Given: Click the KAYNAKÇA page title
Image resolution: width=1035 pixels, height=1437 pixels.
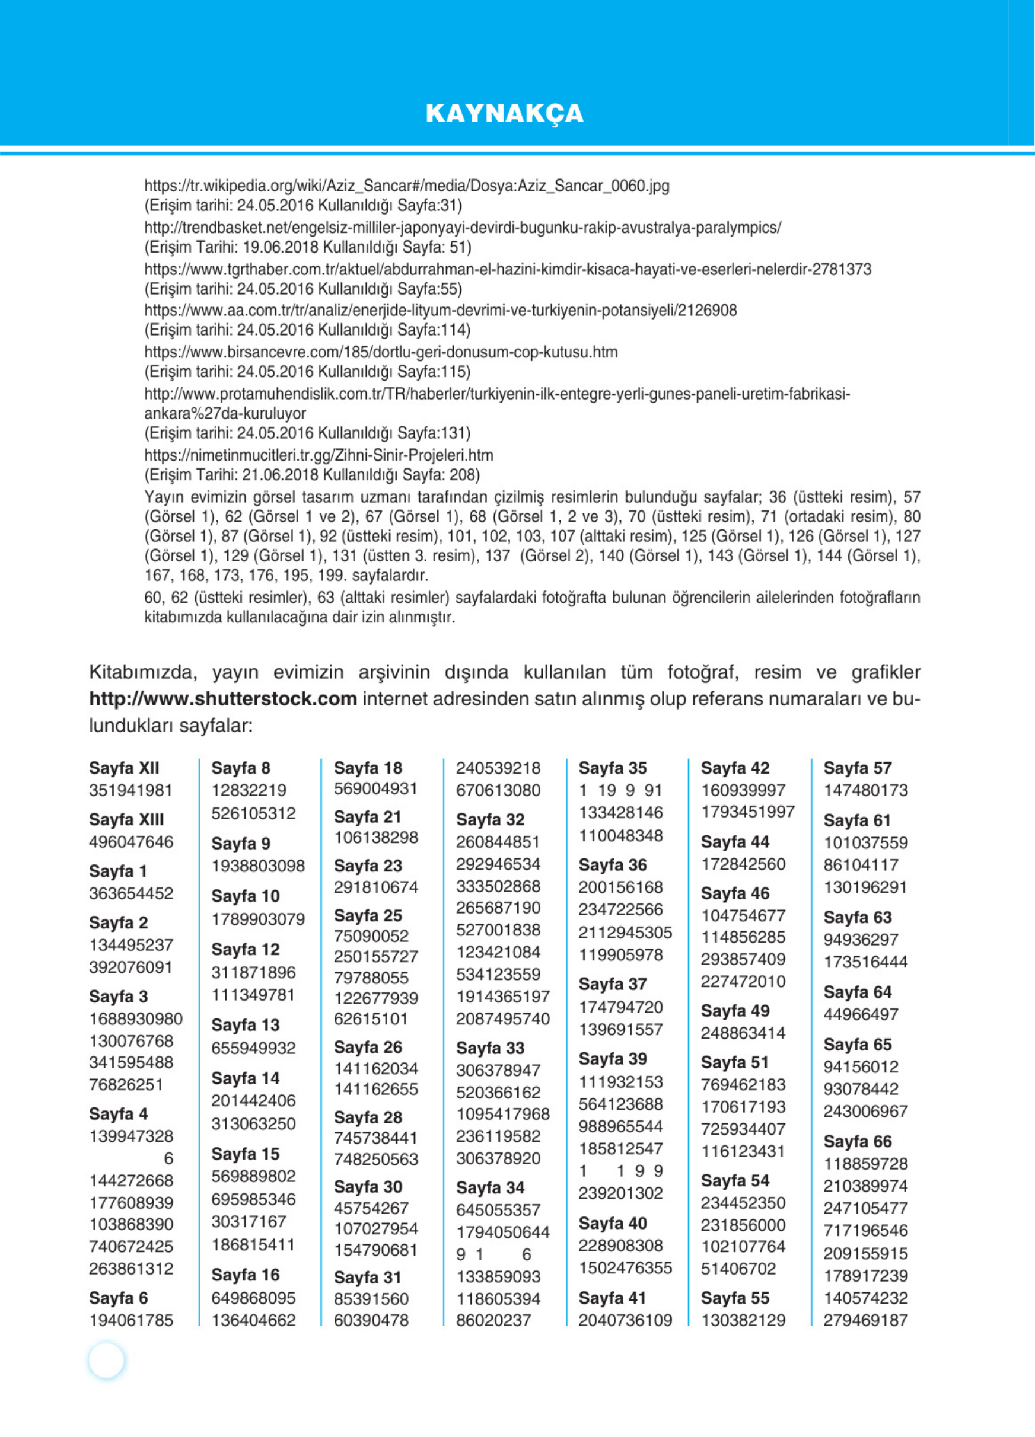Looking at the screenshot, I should click(504, 113).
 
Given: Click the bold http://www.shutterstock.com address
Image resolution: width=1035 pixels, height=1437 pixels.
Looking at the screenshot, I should click(222, 699).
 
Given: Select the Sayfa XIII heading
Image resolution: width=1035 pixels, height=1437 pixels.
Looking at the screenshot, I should click(126, 819).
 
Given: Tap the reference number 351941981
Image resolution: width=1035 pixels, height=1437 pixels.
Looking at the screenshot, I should click(130, 790).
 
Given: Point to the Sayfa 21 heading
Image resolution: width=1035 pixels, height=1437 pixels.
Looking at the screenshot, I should click(368, 817).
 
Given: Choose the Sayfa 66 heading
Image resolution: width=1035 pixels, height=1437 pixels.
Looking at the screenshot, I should click(857, 1141).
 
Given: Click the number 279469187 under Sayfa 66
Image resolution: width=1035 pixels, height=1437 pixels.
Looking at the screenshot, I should click(865, 1320).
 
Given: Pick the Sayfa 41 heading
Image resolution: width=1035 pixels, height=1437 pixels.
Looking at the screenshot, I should click(612, 1298).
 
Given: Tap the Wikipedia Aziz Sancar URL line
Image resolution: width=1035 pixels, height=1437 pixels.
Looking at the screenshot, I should click(406, 186).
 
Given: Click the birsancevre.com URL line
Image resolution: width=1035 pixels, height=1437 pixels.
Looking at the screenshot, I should click(380, 352).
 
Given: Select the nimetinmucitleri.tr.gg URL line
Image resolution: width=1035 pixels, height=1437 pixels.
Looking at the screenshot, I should click(318, 455).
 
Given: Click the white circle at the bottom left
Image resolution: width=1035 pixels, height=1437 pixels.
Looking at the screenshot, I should click(107, 1360).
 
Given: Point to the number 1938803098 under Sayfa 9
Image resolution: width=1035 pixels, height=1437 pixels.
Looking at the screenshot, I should click(258, 866).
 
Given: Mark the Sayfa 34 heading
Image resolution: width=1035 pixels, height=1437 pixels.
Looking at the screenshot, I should click(490, 1187).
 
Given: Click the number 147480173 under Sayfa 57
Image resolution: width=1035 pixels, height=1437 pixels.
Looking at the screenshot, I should click(865, 790).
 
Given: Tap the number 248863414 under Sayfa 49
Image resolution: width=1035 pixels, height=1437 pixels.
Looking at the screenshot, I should click(743, 1033).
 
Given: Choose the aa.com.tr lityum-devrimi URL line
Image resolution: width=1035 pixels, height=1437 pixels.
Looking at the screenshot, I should click(440, 310).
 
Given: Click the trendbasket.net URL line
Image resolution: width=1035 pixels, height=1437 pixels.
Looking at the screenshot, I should click(462, 228).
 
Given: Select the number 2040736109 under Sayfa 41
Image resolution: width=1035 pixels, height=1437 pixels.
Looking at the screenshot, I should click(625, 1320).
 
